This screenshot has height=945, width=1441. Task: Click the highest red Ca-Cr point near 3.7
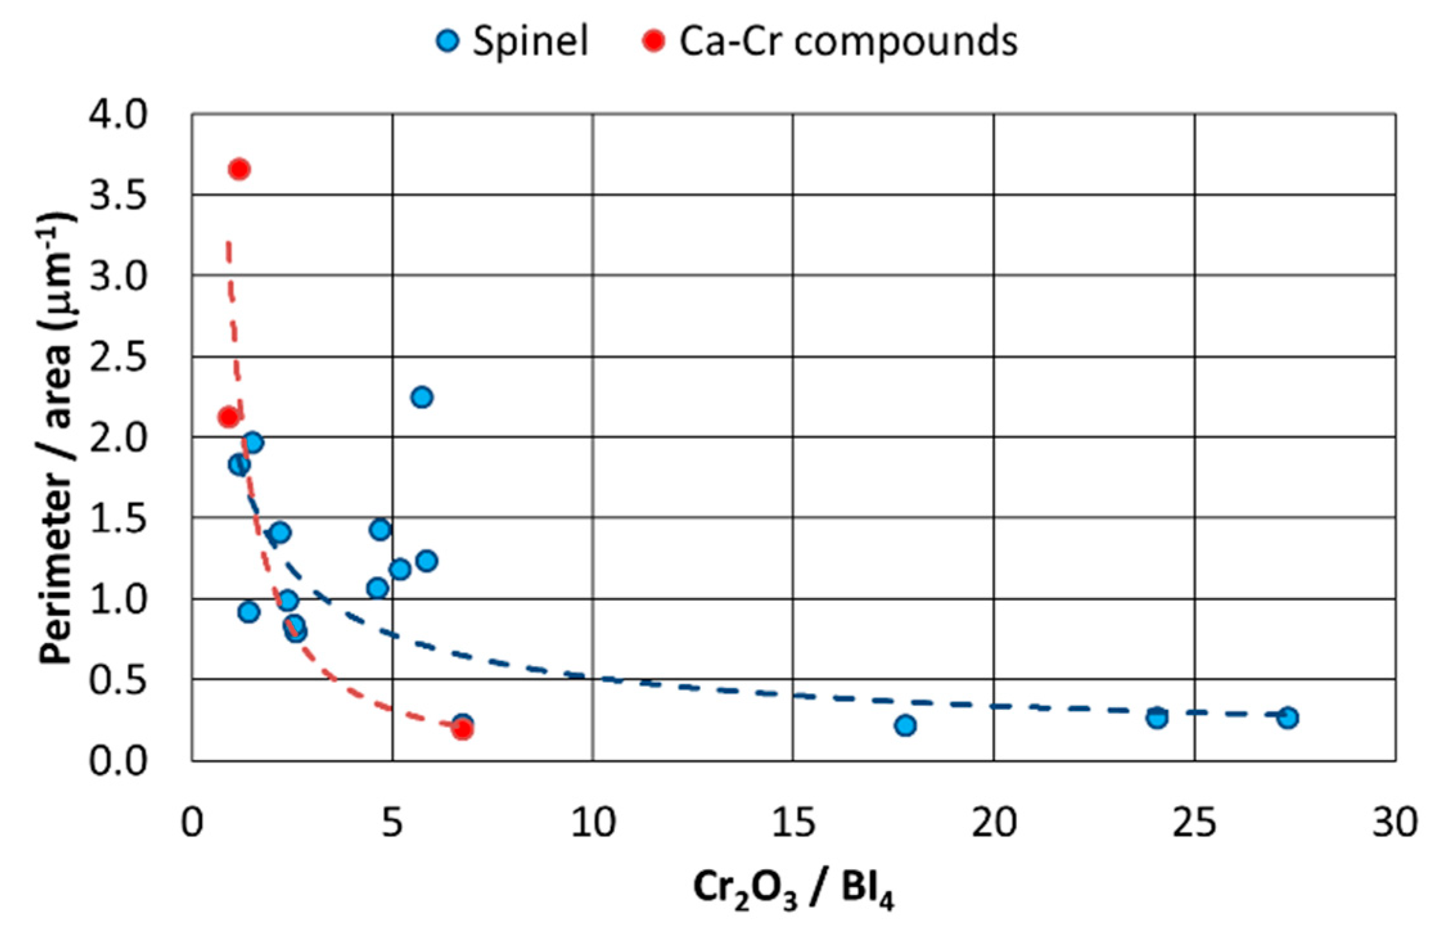coord(239,170)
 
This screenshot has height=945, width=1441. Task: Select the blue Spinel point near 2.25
coord(421,397)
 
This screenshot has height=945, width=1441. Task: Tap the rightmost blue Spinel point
coord(1287,718)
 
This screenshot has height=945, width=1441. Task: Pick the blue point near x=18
coord(905,725)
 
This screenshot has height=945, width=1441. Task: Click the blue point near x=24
coord(1157,718)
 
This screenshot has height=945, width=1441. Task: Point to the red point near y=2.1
coord(227,418)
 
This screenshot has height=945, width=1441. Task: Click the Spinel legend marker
coord(448,41)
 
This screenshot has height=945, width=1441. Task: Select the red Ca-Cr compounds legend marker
coord(654,41)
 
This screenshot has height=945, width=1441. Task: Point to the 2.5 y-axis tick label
coord(118,357)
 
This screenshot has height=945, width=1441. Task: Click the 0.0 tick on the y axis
coord(118,762)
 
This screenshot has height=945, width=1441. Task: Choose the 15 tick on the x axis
coord(793,822)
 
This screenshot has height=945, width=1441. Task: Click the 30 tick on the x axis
coord(1395,822)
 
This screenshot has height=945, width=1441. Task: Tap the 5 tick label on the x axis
coord(393,822)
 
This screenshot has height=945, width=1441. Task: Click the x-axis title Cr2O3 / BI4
coord(793,890)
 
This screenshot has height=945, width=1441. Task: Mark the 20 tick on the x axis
coord(994,822)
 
